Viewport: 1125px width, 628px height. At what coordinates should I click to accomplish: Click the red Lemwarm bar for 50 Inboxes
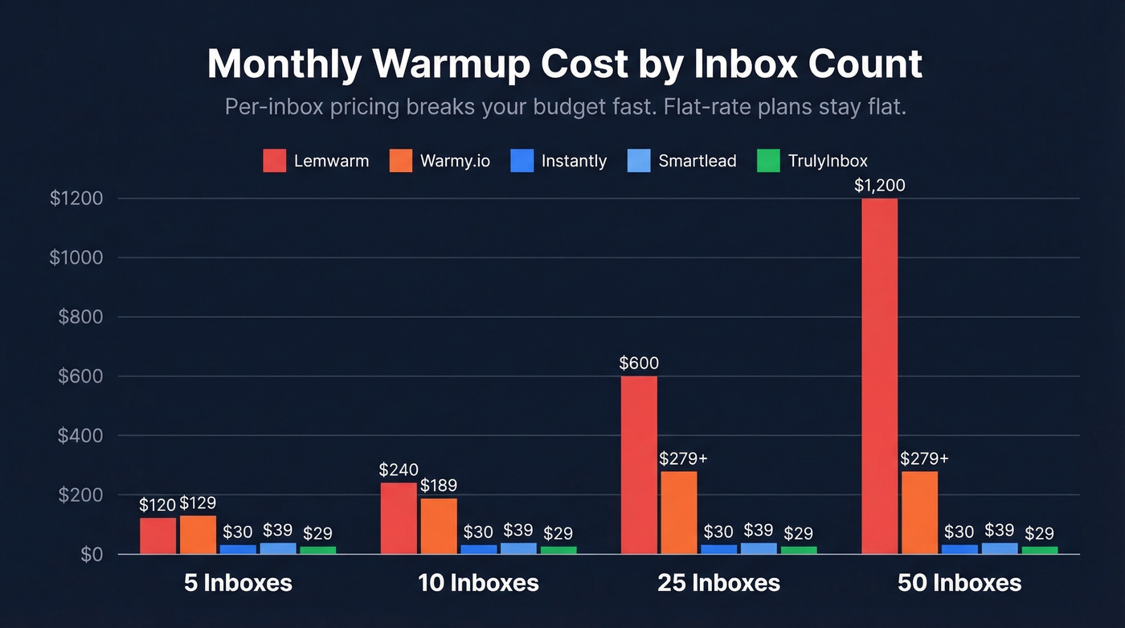[879, 376]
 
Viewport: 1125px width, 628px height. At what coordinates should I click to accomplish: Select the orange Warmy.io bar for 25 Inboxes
[679, 512]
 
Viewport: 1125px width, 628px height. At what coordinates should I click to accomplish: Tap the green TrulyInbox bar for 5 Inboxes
[318, 550]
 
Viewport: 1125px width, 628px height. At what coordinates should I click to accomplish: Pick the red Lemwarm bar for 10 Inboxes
[399, 518]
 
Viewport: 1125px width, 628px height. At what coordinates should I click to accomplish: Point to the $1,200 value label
[879, 186]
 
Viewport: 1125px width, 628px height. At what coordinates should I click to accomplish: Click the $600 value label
[639, 363]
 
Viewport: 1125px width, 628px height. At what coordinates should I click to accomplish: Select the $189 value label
[439, 486]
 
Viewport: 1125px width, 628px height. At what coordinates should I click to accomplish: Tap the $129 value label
[198, 503]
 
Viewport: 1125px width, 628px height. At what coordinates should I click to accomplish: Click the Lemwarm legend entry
[316, 161]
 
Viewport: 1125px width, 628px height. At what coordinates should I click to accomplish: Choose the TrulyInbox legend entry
[812, 161]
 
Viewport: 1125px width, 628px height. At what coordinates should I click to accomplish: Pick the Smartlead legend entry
[681, 161]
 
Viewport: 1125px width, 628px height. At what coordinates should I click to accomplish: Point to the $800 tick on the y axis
[80, 317]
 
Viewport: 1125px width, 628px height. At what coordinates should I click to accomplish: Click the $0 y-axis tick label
[92, 555]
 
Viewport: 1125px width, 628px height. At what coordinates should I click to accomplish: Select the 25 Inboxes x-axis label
[719, 583]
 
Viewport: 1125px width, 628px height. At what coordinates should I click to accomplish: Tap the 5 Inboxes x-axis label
[238, 583]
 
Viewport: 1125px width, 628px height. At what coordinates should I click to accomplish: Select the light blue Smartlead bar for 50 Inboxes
[1000, 548]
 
